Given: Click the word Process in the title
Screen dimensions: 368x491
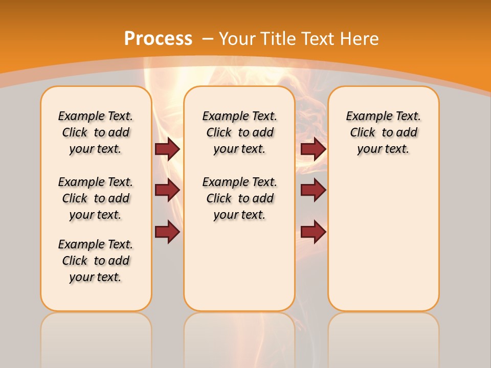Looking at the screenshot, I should point(158,39).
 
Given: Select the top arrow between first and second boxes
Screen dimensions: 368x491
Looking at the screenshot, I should point(167,149).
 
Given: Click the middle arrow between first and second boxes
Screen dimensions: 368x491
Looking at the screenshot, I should point(167,190).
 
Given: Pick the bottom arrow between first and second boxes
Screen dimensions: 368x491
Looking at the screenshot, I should point(167,232).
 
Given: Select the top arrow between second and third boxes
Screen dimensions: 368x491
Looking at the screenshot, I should point(313,149).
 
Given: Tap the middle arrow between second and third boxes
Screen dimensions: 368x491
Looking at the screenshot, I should point(313,190).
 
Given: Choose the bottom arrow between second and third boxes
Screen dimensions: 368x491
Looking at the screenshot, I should point(313,232).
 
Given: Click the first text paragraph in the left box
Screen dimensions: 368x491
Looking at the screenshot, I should point(96,132).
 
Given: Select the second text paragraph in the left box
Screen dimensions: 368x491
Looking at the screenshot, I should point(96,198).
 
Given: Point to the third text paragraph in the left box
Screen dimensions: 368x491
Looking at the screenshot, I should point(96,261).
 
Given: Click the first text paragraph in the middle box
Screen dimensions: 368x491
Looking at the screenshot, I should point(240,132).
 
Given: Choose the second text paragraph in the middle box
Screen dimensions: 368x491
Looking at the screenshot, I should point(240,198).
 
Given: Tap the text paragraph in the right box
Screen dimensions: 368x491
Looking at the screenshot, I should point(384,132).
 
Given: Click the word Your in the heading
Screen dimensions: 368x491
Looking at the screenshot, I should point(239,39).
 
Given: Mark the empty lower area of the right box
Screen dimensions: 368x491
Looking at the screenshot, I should point(384,235).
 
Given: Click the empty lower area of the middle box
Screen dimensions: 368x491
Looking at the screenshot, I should point(240,266).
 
